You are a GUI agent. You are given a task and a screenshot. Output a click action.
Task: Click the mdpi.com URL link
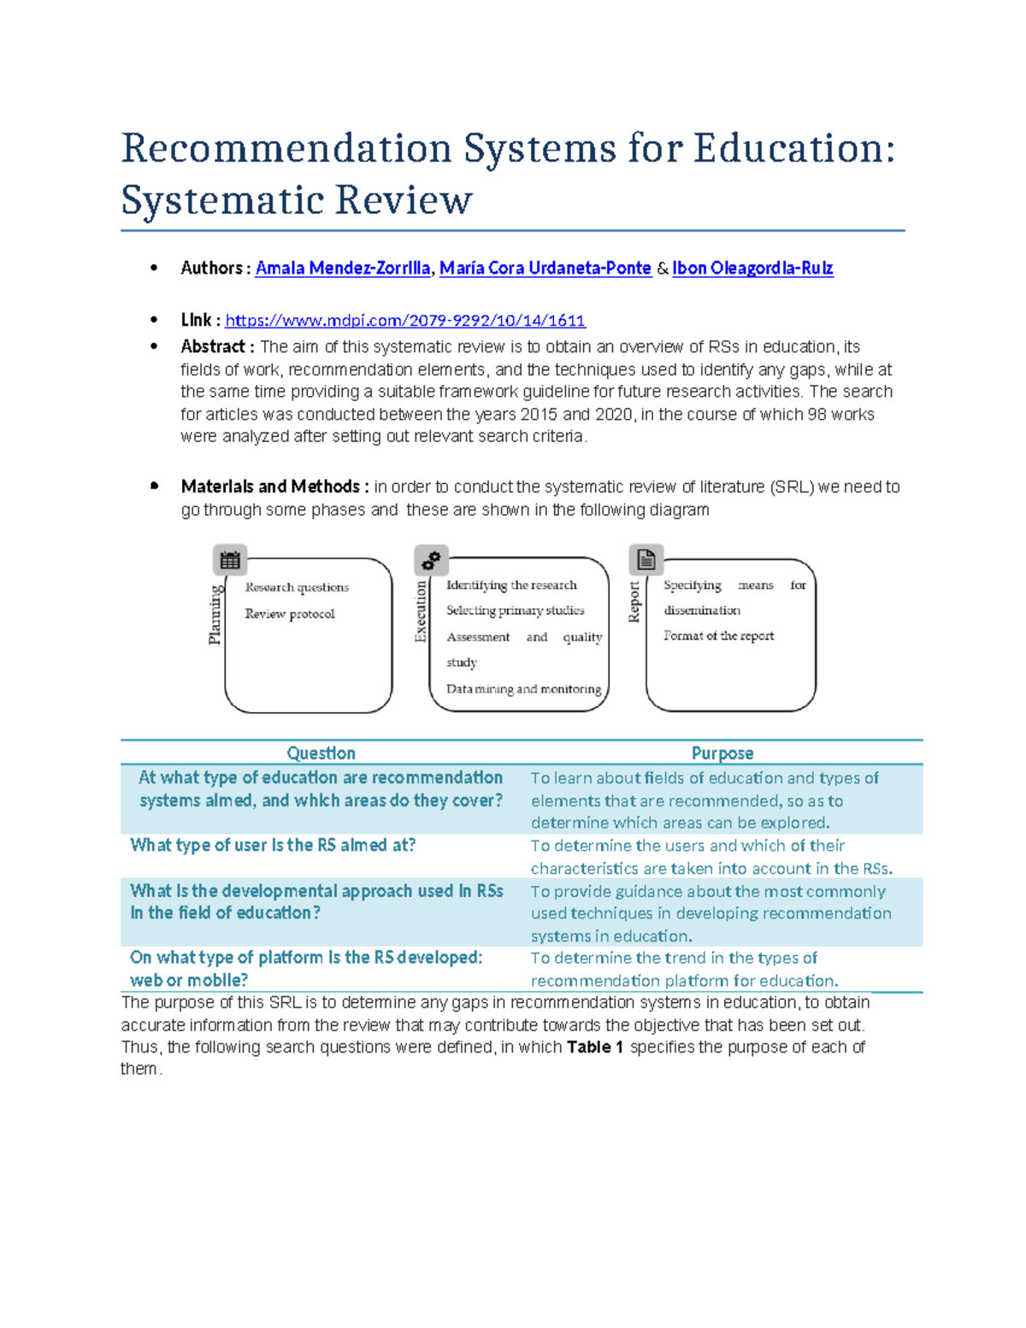click(405, 321)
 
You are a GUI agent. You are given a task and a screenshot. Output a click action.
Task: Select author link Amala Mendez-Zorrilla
click(343, 269)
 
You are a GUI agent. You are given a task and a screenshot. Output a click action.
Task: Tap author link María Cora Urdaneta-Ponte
click(545, 269)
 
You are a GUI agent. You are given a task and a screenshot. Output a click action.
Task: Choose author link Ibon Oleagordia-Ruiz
click(752, 269)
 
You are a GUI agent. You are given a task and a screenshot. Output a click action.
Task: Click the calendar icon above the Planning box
click(230, 561)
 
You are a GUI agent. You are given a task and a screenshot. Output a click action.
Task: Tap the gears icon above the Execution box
click(431, 560)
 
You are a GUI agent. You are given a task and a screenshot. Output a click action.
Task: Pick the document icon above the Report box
click(646, 560)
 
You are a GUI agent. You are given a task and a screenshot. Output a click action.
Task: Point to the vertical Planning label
click(215, 614)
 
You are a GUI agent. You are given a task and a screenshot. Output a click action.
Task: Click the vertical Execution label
click(420, 611)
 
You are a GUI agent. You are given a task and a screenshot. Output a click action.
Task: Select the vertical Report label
click(634, 602)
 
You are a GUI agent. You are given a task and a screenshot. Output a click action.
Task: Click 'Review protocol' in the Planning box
click(290, 614)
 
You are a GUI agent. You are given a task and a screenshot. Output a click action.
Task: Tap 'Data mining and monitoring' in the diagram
click(523, 689)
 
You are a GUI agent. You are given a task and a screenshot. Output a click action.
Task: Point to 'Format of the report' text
click(718, 636)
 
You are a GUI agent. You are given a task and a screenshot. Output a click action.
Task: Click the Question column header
click(321, 753)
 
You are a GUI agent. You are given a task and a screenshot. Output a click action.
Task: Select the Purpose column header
click(722, 753)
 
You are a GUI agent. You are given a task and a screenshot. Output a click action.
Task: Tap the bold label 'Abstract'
click(213, 347)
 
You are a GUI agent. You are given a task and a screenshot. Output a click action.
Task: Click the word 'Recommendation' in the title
click(286, 149)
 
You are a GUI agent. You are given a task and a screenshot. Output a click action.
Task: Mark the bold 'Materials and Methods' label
click(270, 487)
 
